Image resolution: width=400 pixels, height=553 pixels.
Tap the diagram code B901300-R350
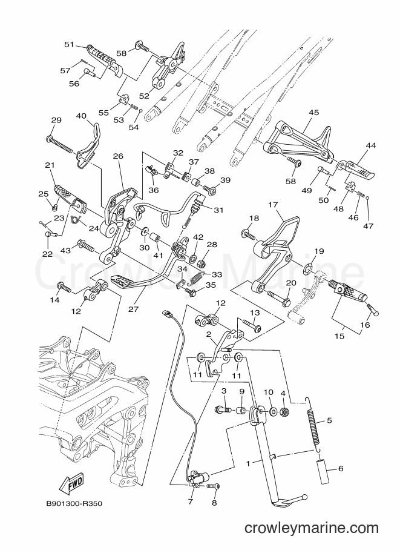[x=74, y=503]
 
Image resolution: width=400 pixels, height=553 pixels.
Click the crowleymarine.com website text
[x=311, y=528]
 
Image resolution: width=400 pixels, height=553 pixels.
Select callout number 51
[x=69, y=44]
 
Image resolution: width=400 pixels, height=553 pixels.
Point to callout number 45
[x=313, y=113]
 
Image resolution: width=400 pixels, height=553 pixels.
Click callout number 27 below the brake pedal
[x=133, y=310]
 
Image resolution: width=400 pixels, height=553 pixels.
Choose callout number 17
[x=273, y=205]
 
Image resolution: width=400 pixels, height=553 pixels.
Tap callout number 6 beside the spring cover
[x=341, y=469]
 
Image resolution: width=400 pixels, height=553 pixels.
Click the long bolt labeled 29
[x=59, y=145]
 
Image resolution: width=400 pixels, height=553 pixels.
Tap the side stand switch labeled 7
[x=197, y=479]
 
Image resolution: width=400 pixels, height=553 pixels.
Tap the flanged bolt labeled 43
[x=85, y=245]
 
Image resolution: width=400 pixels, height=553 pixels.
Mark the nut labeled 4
[x=284, y=411]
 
